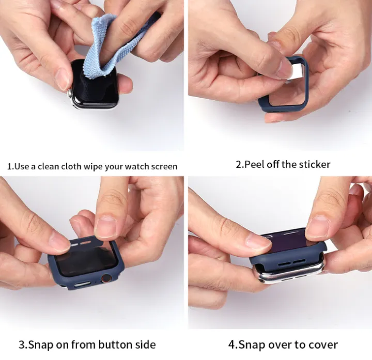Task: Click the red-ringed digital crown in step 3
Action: coord(106,278)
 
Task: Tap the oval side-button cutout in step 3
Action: coord(82,284)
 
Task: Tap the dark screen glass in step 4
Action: coord(289,244)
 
